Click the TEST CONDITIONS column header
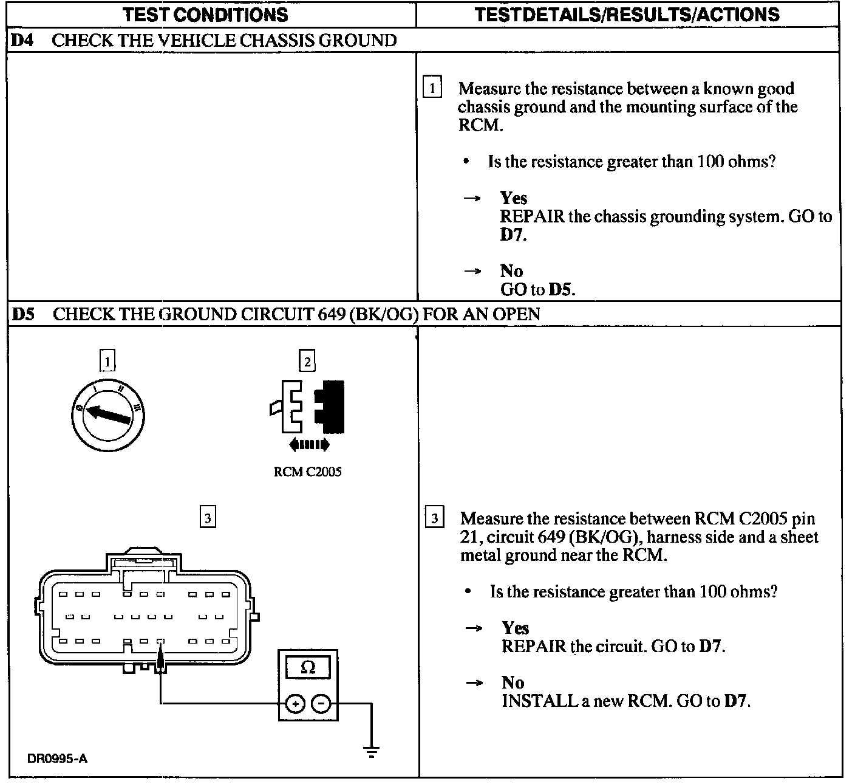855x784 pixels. tap(205, 15)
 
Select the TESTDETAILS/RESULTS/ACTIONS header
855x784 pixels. tap(627, 15)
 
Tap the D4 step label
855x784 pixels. tap(23, 41)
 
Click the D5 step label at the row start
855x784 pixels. tap(23, 314)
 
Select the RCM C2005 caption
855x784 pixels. tap(307, 472)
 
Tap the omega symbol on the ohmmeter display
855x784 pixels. tap(308, 668)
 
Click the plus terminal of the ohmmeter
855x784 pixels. tap(295, 704)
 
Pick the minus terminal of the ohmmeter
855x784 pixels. tap(322, 704)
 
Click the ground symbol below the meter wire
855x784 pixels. tap(372, 751)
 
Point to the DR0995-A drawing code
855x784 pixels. tap(57, 758)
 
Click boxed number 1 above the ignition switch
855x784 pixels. tap(107, 362)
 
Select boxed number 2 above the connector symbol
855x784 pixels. tap(307, 362)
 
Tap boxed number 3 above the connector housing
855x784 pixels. tap(208, 517)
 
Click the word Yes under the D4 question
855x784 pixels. tap(514, 198)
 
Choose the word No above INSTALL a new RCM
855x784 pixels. tap(513, 683)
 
